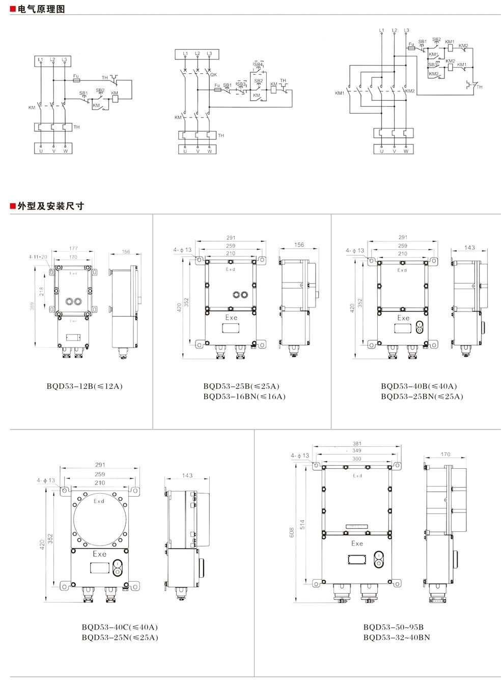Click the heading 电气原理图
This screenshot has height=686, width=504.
[41, 9]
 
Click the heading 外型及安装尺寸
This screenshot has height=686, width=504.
[50, 206]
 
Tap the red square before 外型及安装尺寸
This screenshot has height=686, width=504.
[13, 206]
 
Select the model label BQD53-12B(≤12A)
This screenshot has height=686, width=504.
[85, 386]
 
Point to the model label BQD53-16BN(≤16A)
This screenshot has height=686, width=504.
[244, 396]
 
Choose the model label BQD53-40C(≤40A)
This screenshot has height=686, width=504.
[120, 627]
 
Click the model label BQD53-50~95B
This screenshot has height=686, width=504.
[393, 627]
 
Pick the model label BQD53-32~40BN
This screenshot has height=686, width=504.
[397, 637]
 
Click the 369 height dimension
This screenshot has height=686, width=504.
[32, 306]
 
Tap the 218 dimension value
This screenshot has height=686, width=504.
[41, 291]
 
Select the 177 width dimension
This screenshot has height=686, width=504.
[73, 249]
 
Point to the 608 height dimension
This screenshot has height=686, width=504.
[292, 532]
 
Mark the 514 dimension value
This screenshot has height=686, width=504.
[302, 525]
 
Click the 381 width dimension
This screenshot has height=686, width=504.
[357, 444]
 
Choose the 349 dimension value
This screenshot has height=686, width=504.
[356, 451]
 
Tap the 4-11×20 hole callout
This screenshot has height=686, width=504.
[38, 257]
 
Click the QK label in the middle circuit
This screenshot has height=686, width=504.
[213, 74]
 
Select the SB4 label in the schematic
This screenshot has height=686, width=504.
[258, 65]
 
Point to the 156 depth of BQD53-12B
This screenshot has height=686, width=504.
[126, 252]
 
